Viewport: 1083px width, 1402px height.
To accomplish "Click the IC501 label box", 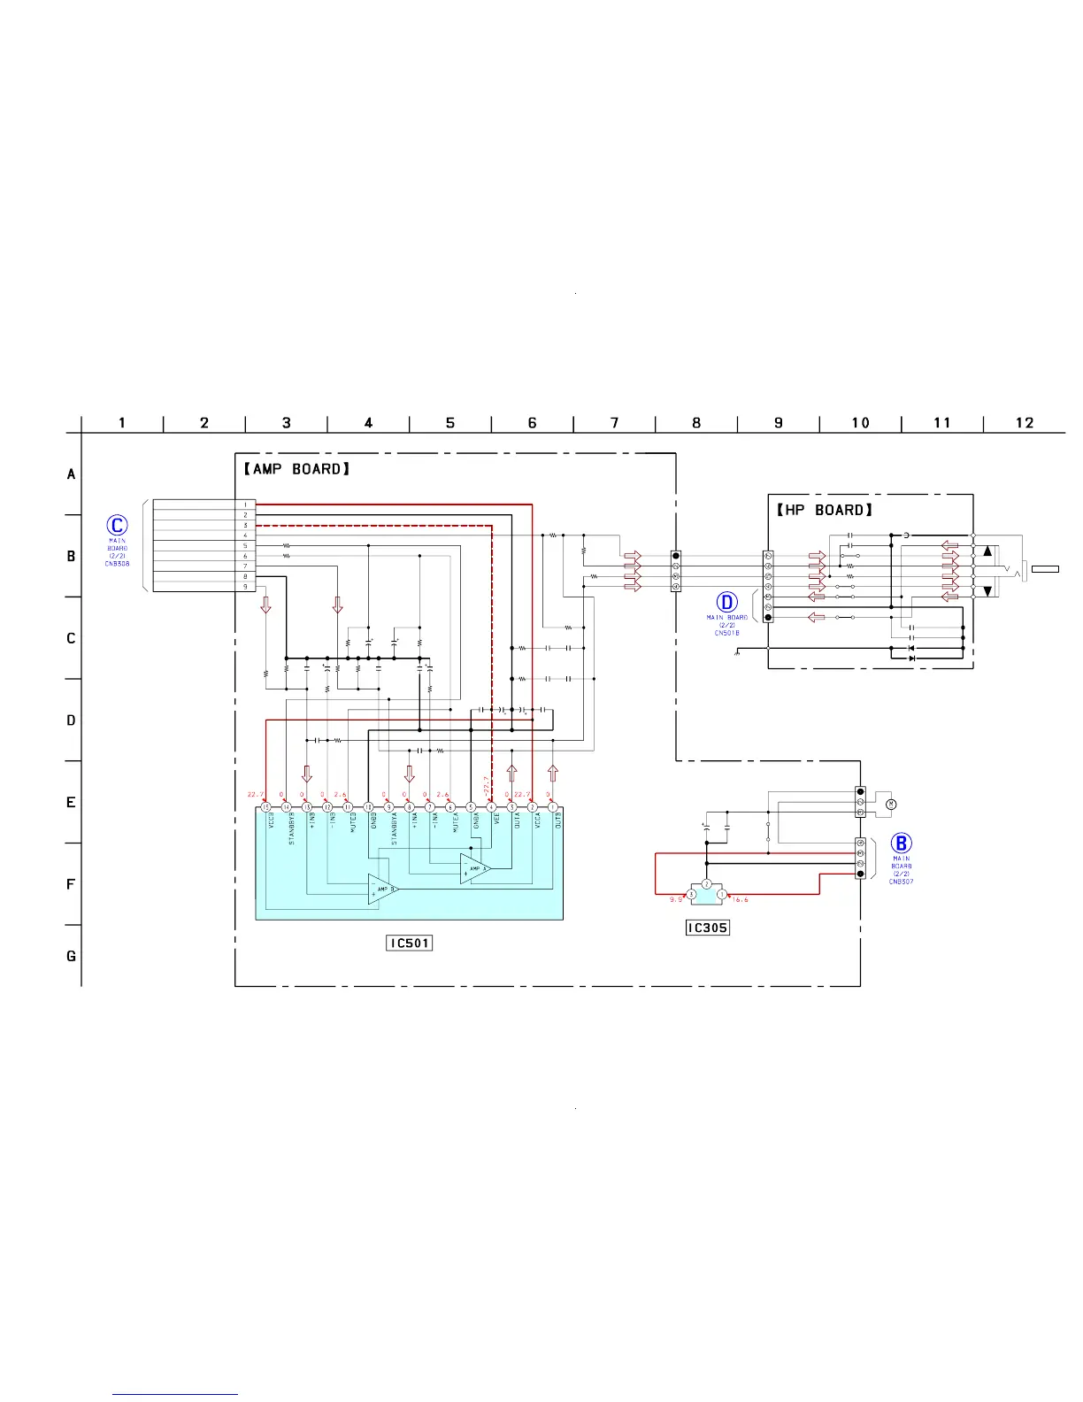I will tap(410, 943).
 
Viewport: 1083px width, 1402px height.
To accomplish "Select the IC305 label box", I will tap(708, 928).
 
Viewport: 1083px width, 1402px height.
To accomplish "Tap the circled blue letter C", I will tap(117, 526).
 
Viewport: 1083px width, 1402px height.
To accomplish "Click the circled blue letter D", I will tap(726, 603).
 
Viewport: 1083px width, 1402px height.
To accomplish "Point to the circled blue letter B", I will tap(901, 844).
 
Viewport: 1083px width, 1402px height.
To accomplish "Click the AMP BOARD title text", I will tap(296, 469).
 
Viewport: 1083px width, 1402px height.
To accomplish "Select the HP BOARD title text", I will tap(825, 510).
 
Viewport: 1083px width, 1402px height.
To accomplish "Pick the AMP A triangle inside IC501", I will tap(474, 868).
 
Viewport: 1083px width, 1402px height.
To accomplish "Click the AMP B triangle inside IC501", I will tap(382, 890).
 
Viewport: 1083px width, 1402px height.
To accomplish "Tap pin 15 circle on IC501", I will tap(265, 807).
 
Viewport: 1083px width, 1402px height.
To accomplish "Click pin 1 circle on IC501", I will tap(553, 807).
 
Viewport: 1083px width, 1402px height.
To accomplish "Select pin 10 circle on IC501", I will tap(368, 807).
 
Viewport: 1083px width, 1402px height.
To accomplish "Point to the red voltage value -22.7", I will tap(486, 785).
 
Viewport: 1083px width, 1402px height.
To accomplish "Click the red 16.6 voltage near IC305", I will tap(740, 899).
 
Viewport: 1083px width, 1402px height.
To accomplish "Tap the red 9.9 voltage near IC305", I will tap(676, 899).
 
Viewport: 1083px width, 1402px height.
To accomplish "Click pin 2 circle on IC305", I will tap(706, 884).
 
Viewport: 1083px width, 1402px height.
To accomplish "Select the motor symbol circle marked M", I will tap(891, 804).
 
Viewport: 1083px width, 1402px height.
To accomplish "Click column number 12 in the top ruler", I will tap(1025, 423).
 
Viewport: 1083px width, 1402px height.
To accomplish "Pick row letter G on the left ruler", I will tap(72, 956).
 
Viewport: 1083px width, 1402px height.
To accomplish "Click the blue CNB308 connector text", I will tap(117, 564).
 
